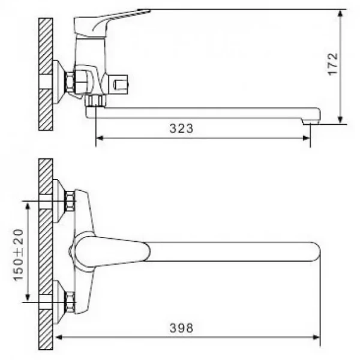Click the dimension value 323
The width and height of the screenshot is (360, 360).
[x=181, y=128]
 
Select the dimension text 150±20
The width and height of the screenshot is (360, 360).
[x=19, y=253]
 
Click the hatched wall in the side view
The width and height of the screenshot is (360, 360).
[x=46, y=75]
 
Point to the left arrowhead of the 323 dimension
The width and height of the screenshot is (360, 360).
[x=100, y=137]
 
